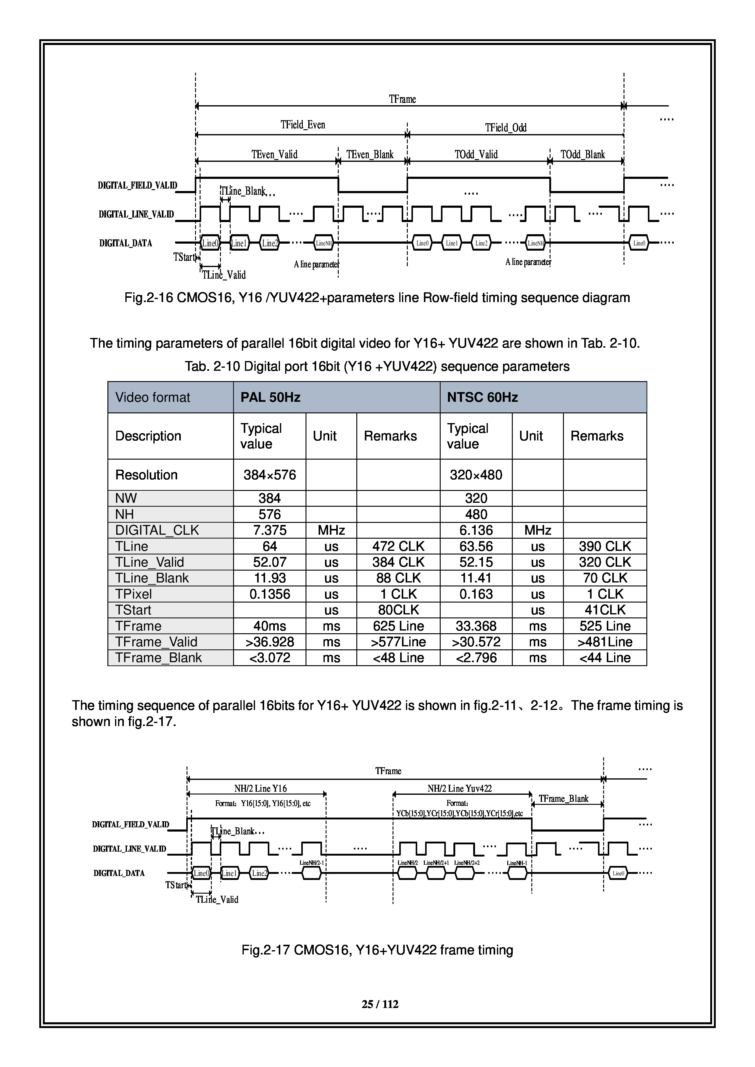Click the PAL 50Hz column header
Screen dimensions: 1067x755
click(270, 397)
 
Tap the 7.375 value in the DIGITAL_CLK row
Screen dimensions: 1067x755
click(270, 530)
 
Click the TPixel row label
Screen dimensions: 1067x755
click(133, 594)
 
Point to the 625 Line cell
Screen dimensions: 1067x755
click(398, 626)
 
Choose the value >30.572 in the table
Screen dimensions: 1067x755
click(476, 642)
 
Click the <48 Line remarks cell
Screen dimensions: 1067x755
click(398, 658)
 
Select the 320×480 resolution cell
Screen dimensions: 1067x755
click(476, 475)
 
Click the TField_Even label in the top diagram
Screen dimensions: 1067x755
click(303, 124)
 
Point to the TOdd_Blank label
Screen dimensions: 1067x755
click(582, 154)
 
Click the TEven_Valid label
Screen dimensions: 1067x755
click(274, 154)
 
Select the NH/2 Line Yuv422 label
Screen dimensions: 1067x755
click(459, 788)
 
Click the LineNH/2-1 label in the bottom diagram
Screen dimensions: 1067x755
click(312, 863)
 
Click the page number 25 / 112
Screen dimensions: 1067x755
click(380, 1004)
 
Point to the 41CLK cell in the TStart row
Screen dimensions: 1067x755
click(605, 610)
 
